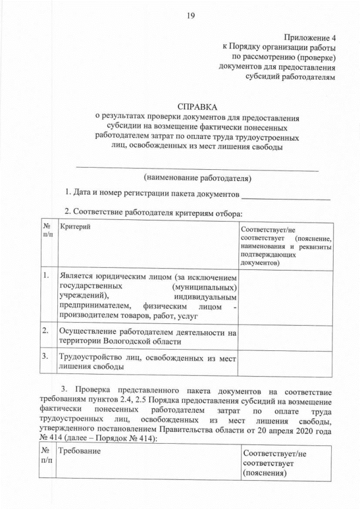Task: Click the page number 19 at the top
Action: tap(190, 16)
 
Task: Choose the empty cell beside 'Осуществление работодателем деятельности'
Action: tap(286, 335)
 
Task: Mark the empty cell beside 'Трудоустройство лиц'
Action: tap(286, 361)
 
